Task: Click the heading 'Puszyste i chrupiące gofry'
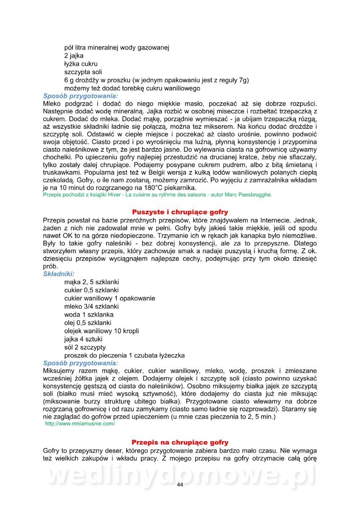coord(180,212)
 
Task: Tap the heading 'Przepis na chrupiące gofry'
coord(180,442)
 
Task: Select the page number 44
coord(180,485)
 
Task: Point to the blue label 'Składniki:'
coord(59,274)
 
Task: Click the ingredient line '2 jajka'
coord(74,56)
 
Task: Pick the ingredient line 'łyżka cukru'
coord(81,64)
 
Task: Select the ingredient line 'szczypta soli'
coord(83,72)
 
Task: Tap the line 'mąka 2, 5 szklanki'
coord(91,282)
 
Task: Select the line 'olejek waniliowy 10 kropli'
coord(101,331)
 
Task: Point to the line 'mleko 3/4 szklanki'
coord(91,306)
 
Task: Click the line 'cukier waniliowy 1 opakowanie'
coord(110,298)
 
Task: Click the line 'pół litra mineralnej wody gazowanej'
coord(117,48)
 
